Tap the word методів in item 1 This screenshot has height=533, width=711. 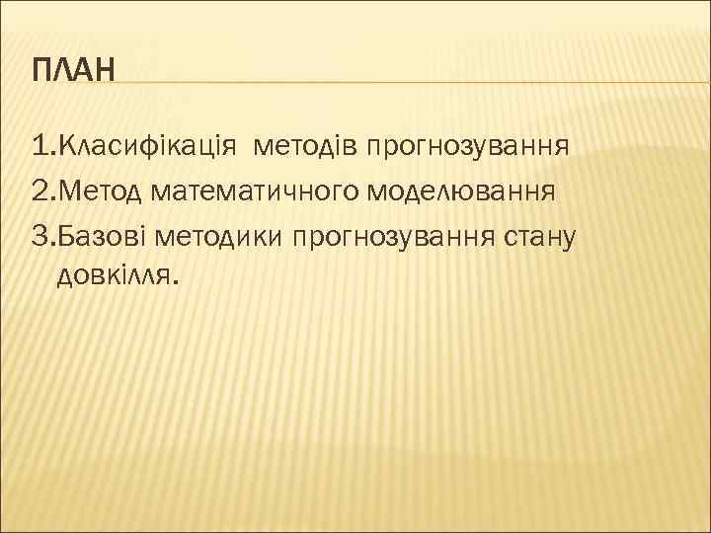coord(305,148)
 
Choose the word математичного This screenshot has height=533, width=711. coord(254,190)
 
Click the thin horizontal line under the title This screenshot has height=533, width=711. coord(395,82)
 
